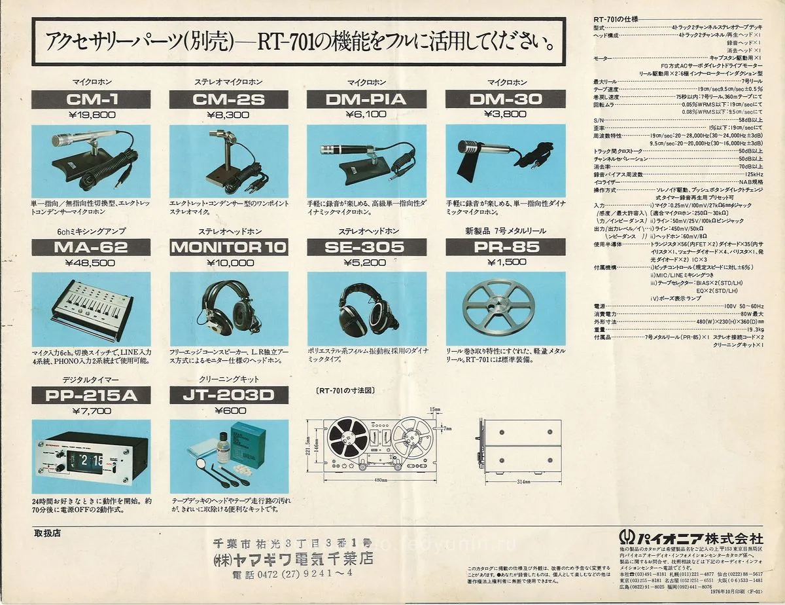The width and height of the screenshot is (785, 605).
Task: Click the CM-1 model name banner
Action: (x=91, y=100)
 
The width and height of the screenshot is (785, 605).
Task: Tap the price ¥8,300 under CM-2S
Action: (x=228, y=115)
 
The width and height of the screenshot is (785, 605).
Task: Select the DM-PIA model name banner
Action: (x=366, y=100)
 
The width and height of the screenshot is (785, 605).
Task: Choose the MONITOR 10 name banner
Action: (x=228, y=247)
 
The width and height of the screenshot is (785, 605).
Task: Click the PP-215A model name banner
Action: (x=91, y=395)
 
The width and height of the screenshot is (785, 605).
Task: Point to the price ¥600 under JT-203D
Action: (x=228, y=411)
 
